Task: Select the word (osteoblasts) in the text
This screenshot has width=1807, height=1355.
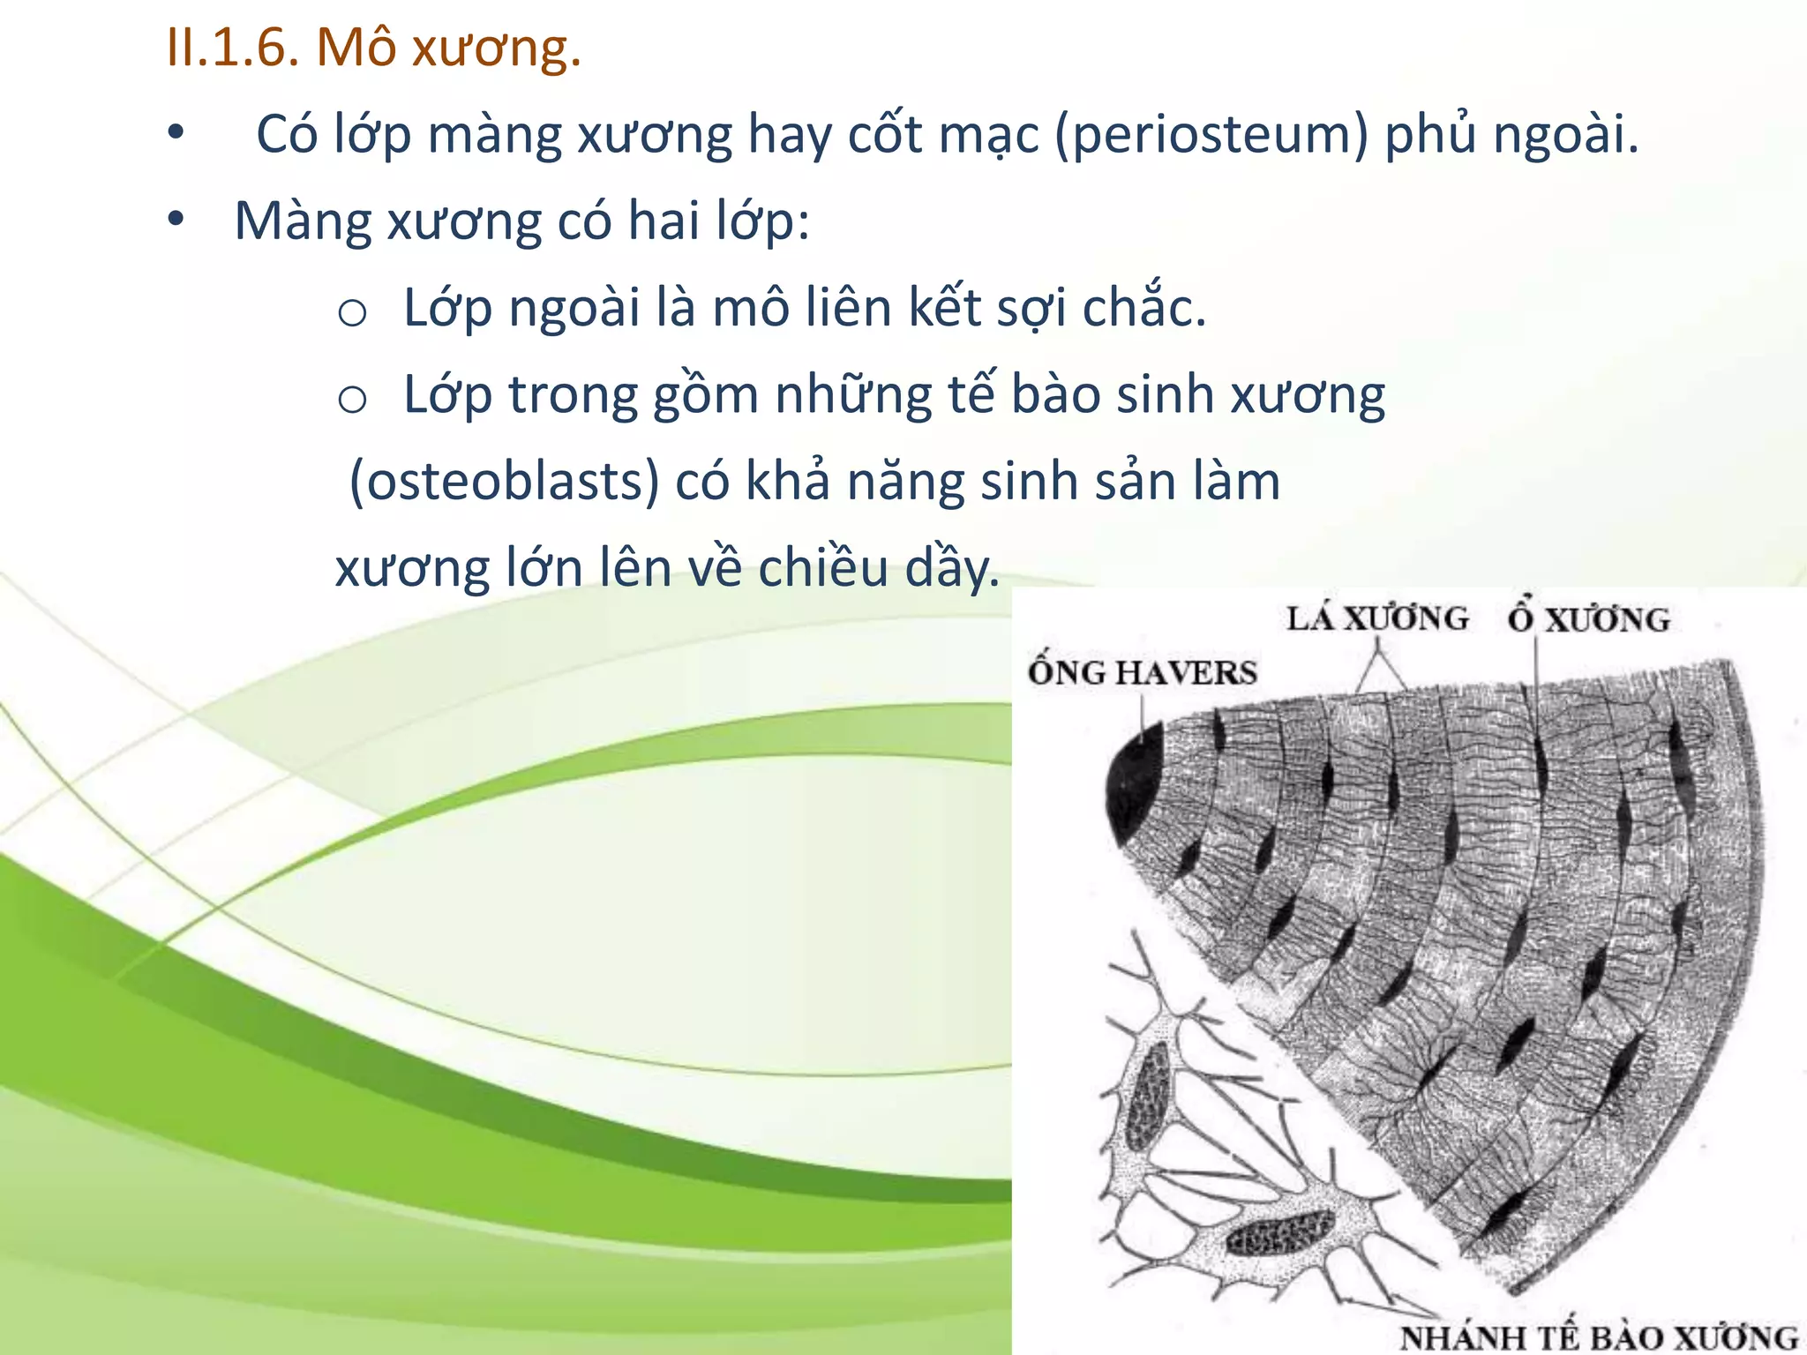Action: point(505,483)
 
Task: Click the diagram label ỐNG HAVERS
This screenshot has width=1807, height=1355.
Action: point(1142,673)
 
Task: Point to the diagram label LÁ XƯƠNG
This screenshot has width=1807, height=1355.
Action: point(1376,618)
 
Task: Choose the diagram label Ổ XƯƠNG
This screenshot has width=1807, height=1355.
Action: point(1588,619)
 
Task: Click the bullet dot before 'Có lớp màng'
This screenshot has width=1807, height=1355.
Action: point(176,134)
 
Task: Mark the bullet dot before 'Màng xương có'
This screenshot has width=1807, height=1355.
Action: point(176,220)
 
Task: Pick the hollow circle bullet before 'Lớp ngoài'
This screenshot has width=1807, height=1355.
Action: point(352,312)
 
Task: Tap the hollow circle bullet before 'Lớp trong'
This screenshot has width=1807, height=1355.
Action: point(352,400)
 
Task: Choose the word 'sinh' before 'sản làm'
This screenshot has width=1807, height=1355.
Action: point(1030,483)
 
